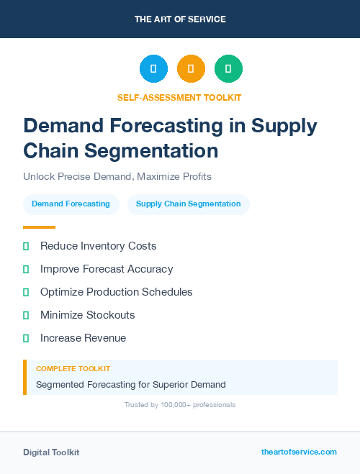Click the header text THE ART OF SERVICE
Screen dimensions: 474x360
coord(180,19)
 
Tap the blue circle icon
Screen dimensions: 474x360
coord(153,69)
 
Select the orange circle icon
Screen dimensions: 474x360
coord(191,69)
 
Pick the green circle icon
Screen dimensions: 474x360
coord(228,69)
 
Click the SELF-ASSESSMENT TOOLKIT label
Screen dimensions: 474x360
coord(179,97)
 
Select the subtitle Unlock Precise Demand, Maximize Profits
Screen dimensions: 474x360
coord(117,176)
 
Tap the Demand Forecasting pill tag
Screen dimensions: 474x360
coord(71,204)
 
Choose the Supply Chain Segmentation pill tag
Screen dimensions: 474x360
coord(188,204)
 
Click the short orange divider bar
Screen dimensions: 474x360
coord(39,227)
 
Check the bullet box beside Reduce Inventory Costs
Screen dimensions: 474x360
coord(26,246)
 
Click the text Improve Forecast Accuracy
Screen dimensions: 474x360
coord(107,269)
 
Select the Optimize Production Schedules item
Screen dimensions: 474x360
coord(116,292)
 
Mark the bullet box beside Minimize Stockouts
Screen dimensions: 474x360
coord(26,315)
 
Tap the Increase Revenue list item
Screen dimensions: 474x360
coord(83,338)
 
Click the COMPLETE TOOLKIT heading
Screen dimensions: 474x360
coord(73,368)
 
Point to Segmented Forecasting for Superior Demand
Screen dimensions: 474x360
coord(130,384)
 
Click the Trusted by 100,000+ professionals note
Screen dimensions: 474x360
coord(179,405)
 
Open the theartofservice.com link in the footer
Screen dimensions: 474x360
coord(299,452)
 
